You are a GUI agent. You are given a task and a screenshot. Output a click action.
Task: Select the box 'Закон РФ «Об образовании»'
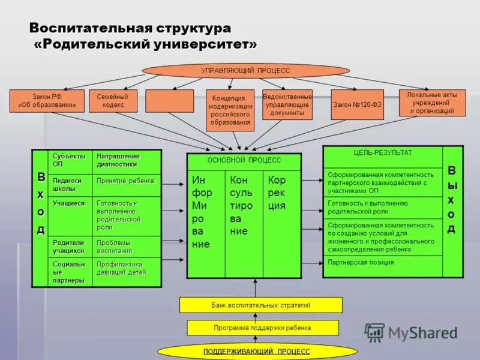click(x=47, y=101)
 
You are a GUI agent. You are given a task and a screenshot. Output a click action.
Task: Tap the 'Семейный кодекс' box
click(x=113, y=101)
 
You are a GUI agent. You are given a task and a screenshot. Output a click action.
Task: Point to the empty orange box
click(x=169, y=101)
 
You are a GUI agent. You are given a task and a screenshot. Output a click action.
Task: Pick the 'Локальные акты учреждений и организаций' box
click(x=432, y=103)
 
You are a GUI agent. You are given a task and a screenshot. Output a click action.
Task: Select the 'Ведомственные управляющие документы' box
click(x=287, y=104)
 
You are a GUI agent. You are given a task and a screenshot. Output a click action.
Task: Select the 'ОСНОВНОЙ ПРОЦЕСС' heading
click(x=244, y=161)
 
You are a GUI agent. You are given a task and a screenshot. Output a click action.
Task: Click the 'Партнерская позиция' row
click(x=382, y=263)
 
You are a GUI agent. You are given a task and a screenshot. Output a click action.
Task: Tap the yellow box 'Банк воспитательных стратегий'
click(x=261, y=305)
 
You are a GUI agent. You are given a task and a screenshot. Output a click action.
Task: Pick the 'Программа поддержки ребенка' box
click(x=263, y=328)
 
